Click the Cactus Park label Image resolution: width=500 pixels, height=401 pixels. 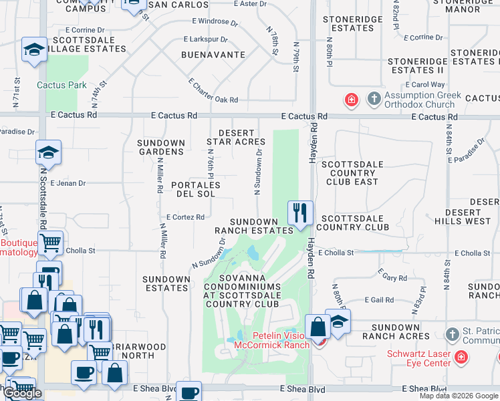point(61,85)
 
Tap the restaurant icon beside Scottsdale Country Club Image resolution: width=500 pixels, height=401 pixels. point(300,213)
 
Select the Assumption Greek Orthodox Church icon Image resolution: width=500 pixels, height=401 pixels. point(374,100)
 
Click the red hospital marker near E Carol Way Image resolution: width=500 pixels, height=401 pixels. point(351,100)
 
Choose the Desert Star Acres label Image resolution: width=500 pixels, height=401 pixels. point(237,137)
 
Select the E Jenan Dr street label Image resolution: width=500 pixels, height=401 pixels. point(68,183)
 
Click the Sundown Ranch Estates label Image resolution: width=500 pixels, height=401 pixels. point(254,226)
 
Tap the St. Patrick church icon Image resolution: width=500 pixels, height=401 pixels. point(453,333)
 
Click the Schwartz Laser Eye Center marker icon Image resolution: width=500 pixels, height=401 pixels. point(460,358)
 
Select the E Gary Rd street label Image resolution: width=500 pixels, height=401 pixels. point(392,275)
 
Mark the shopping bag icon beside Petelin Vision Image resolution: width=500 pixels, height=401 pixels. point(318,327)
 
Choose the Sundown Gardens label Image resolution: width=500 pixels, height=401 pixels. point(161,147)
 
